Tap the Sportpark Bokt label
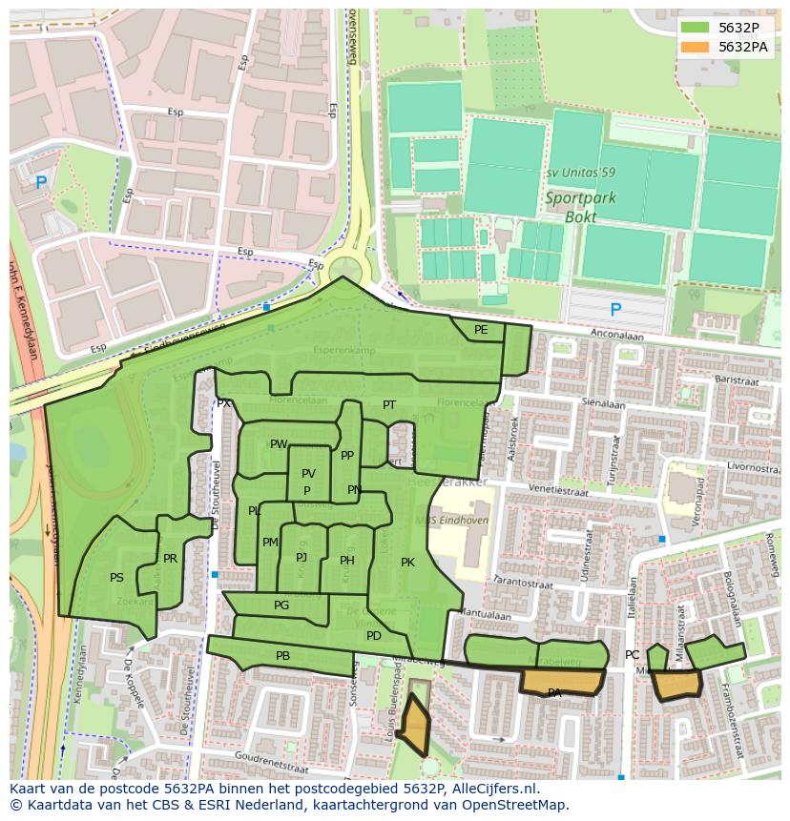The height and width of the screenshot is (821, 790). (580, 207)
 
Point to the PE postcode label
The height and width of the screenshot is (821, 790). (481, 330)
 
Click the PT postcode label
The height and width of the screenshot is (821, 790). (389, 405)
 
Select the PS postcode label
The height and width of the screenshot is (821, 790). (116, 578)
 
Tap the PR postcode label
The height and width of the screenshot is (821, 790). (170, 559)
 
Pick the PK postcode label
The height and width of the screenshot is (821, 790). (407, 563)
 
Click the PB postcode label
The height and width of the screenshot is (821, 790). (282, 656)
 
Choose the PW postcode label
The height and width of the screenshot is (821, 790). (278, 444)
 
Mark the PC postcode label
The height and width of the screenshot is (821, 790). (632, 655)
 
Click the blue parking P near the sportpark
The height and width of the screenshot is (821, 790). (615, 310)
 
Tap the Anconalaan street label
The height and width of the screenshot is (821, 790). (617, 336)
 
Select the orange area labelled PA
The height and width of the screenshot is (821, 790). (561, 682)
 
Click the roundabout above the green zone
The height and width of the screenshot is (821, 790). (343, 268)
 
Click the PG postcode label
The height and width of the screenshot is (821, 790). (281, 605)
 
